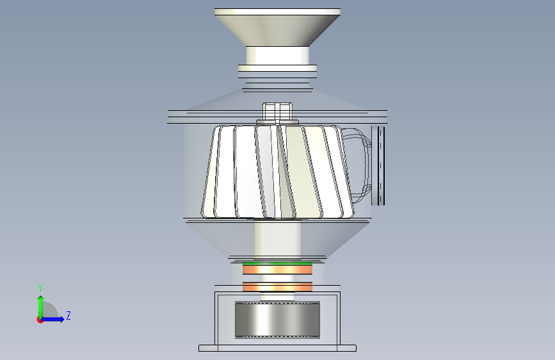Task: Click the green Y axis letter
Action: pos(40,288)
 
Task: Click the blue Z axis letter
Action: pos(68,315)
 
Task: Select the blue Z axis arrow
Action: pos(52,319)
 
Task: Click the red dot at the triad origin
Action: pos(40,320)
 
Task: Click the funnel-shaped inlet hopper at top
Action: pos(277,28)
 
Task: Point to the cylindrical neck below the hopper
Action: pos(277,55)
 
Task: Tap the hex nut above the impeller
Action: pos(277,111)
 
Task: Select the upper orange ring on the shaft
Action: pos(278,270)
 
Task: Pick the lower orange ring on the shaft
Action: pos(278,286)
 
